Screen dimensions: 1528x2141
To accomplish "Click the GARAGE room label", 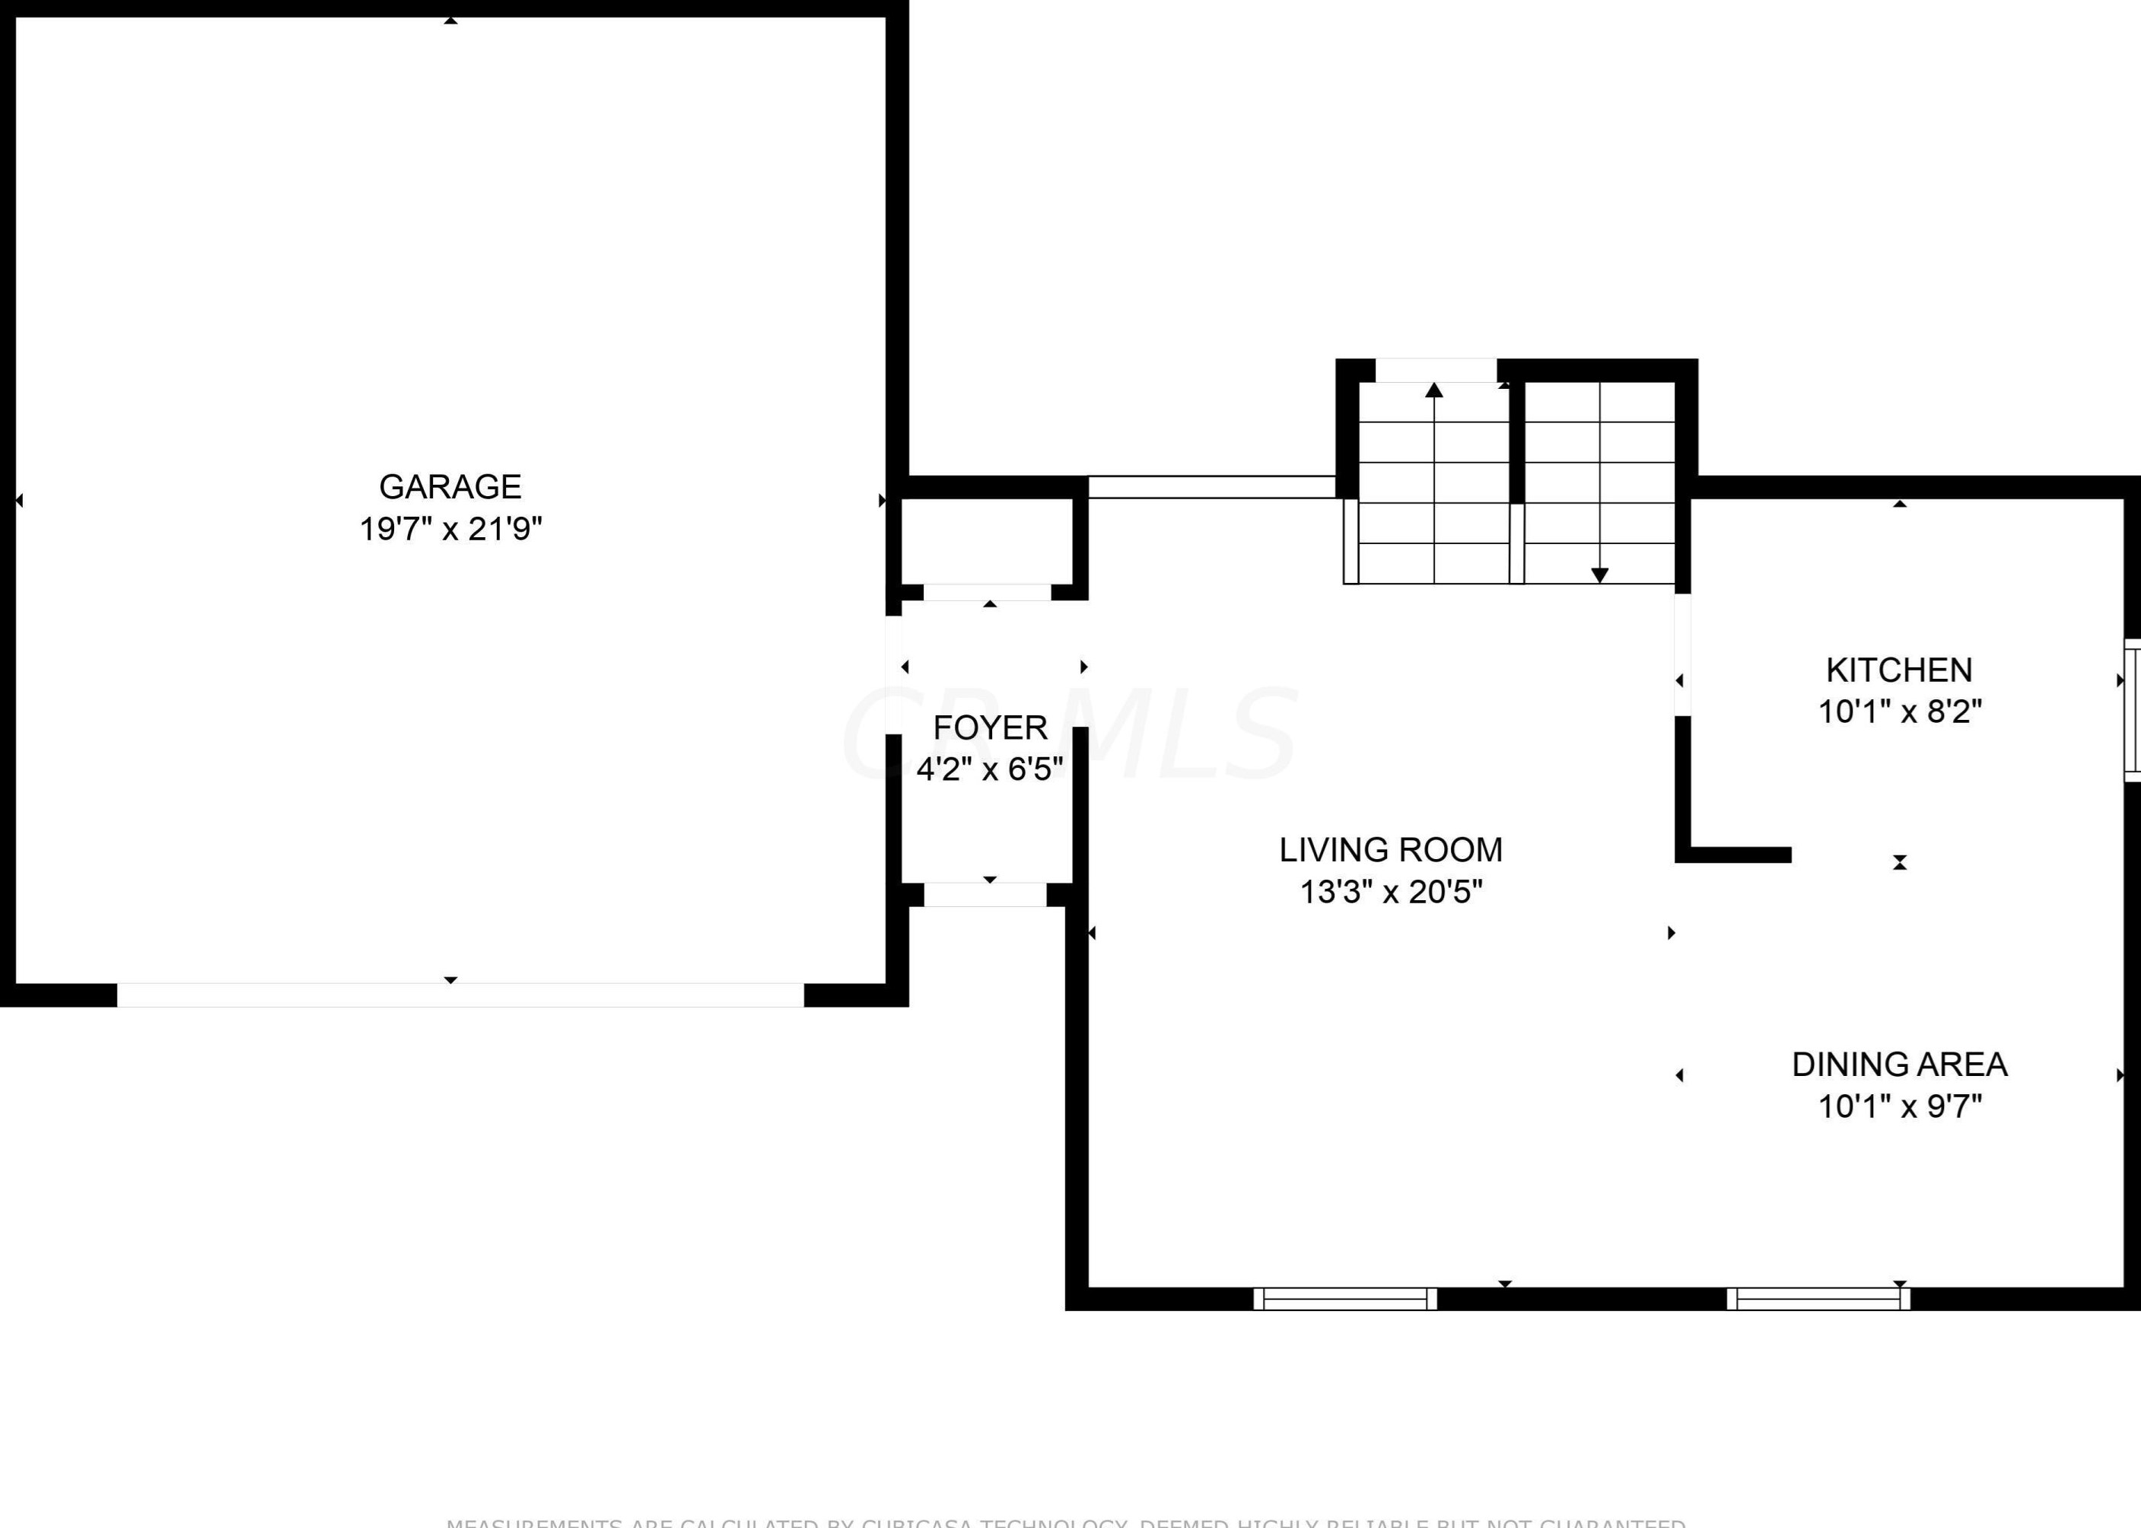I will [450, 486].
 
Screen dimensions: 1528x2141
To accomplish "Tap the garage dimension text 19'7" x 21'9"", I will [450, 530].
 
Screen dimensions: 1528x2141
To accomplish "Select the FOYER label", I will [990, 727].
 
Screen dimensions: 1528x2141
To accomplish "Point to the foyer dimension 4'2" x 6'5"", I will [990, 769].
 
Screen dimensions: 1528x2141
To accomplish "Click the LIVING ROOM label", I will [1390, 850].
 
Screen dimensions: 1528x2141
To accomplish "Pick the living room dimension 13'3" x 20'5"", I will [1390, 892].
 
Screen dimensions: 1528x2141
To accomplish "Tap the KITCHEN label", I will [1899, 670].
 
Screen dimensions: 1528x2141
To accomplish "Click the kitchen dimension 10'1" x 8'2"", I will [1899, 711].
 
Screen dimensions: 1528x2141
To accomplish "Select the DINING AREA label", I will [1899, 1064].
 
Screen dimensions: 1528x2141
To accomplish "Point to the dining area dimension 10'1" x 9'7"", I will [1899, 1106].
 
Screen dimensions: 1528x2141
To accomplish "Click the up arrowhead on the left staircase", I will [1433, 390].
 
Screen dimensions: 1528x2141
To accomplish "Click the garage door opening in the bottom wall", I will [460, 995].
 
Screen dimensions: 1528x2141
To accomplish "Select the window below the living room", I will [1345, 1298].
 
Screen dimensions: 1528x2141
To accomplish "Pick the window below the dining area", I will [1818, 1298].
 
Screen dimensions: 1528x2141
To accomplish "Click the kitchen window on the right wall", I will [2133, 711].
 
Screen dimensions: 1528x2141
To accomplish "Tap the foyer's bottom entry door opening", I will [985, 895].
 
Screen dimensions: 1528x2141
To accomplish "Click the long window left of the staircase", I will [1211, 487].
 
